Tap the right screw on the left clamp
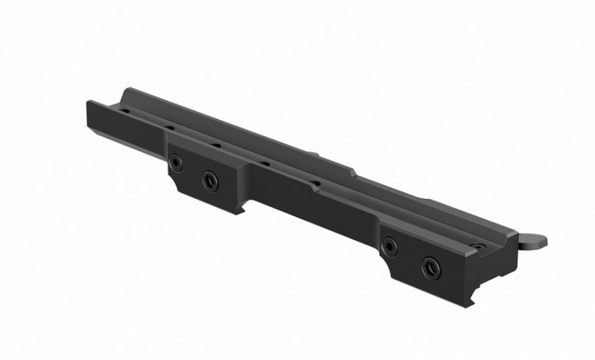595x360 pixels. tap(210, 179)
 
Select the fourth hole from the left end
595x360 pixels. tap(264, 163)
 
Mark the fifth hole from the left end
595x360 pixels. tap(314, 182)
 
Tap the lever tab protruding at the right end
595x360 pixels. tap(534, 241)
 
